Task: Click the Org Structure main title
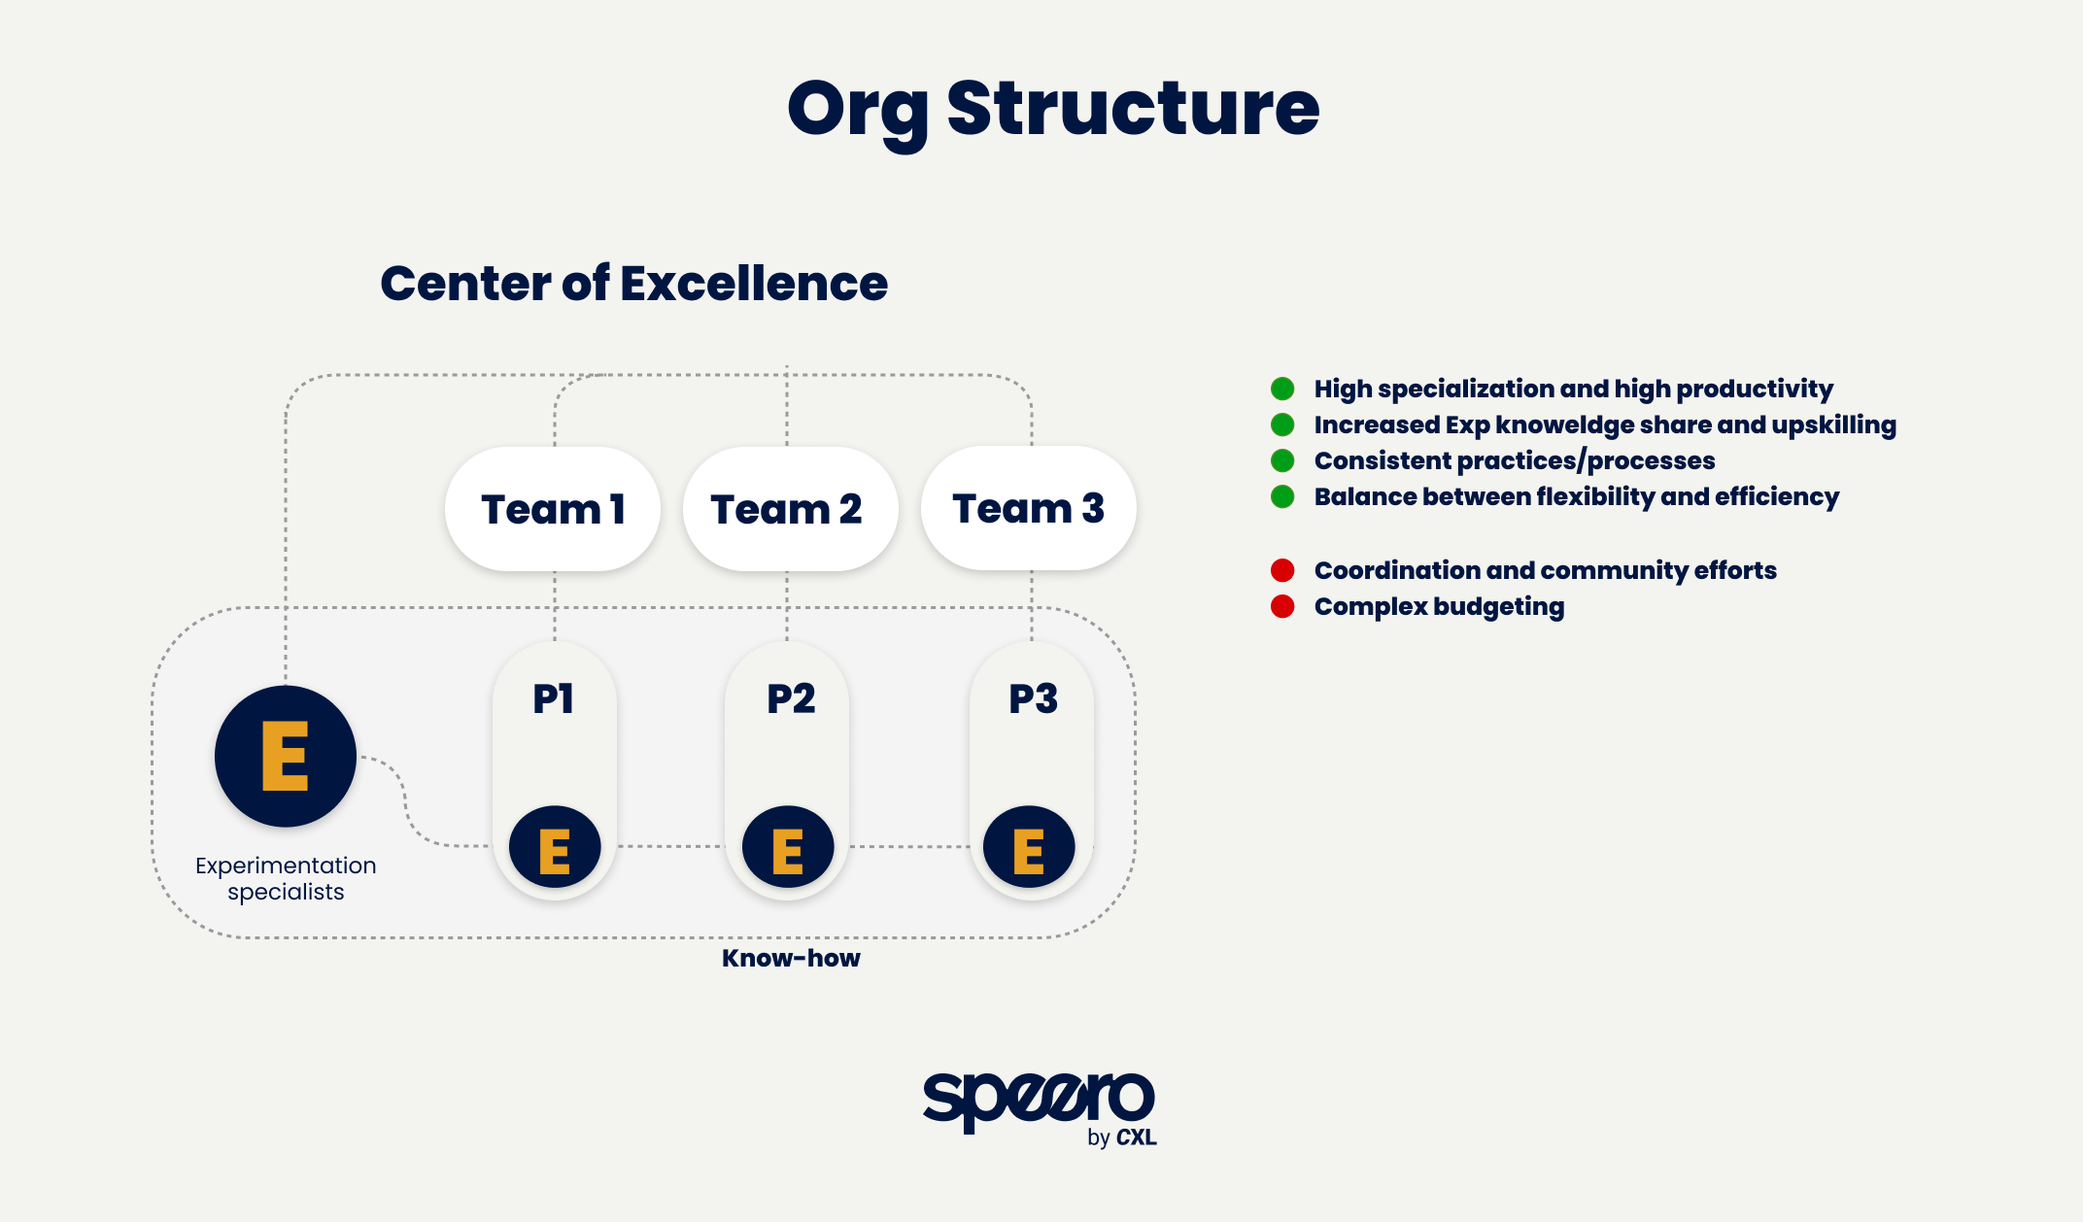click(x=1053, y=109)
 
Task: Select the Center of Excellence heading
click(x=633, y=284)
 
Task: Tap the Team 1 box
click(x=553, y=509)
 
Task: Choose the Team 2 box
click(x=788, y=509)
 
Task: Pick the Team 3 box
click(x=1028, y=508)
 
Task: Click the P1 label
click(x=554, y=698)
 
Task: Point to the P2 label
click(x=790, y=698)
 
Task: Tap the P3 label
click(x=1033, y=698)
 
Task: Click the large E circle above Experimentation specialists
click(x=286, y=757)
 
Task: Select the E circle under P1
click(x=555, y=848)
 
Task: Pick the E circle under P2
click(x=788, y=848)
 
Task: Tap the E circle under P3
click(x=1029, y=848)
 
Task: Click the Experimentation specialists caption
click(x=286, y=878)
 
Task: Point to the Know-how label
click(x=791, y=959)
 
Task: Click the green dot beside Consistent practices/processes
click(x=1282, y=460)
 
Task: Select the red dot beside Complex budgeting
click(x=1282, y=607)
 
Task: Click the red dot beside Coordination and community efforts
click(x=1282, y=570)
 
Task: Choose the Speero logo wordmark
click(x=1038, y=1100)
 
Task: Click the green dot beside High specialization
click(x=1282, y=389)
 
